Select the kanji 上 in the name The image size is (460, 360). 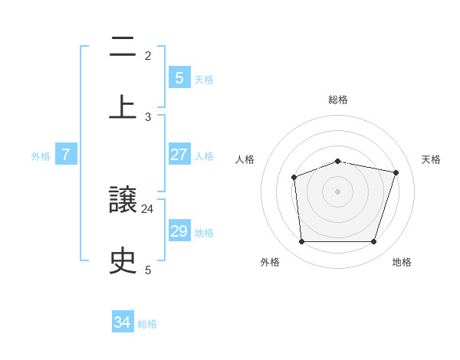pyautogui.click(x=123, y=106)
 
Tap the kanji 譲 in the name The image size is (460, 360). pyautogui.click(x=123, y=201)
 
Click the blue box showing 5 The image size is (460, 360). pyautogui.click(x=179, y=77)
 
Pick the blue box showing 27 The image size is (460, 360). pyautogui.click(x=179, y=154)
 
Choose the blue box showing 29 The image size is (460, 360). pyautogui.click(x=179, y=231)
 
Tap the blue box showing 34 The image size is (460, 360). pyautogui.click(x=123, y=322)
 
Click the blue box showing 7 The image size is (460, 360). pyautogui.click(x=66, y=155)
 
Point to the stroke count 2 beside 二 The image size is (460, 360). pyautogui.click(x=148, y=55)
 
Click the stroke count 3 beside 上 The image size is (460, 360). pyautogui.click(x=148, y=116)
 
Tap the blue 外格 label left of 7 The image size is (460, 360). pyautogui.click(x=41, y=155)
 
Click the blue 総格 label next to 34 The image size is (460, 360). pyautogui.click(x=147, y=324)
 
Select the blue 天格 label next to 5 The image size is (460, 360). pyautogui.click(x=204, y=79)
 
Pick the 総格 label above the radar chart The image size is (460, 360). pyautogui.click(x=337, y=100)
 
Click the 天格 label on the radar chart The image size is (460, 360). pyautogui.click(x=431, y=159)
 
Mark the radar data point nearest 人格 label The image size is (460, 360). pyautogui.click(x=294, y=178)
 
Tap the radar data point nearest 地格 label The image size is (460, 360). pyautogui.click(x=373, y=242)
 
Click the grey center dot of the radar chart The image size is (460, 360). pyautogui.click(x=337, y=191)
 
